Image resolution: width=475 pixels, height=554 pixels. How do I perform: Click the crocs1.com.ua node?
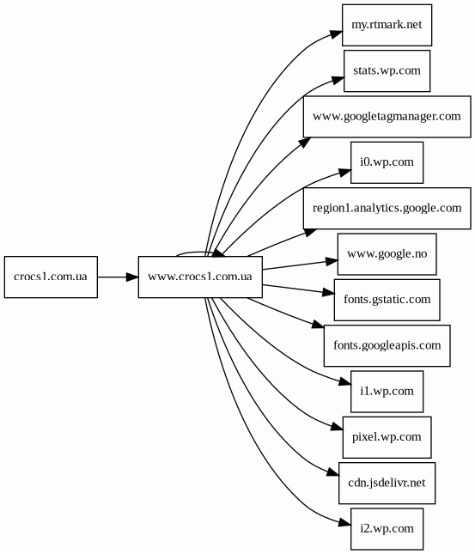click(x=51, y=277)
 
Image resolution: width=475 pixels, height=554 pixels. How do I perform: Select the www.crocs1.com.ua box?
click(x=200, y=277)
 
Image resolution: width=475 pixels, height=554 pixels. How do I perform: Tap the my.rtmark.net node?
click(x=387, y=25)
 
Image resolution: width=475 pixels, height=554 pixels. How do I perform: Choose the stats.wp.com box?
click(x=387, y=70)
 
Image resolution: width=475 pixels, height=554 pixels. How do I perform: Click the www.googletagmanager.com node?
click(x=387, y=117)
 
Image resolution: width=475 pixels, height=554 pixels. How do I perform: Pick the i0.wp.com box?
click(x=387, y=162)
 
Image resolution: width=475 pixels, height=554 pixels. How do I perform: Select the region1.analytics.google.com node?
click(x=387, y=208)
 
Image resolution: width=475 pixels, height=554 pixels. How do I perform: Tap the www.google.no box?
click(x=387, y=254)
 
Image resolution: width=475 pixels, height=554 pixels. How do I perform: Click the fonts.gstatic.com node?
click(x=387, y=300)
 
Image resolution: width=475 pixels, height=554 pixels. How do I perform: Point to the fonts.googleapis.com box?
click(x=387, y=345)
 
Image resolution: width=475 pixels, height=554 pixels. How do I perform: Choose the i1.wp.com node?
click(x=387, y=392)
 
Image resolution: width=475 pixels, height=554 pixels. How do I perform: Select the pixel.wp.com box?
click(x=387, y=437)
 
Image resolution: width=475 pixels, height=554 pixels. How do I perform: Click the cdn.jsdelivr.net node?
click(x=387, y=483)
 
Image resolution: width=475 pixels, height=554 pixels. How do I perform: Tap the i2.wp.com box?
click(x=387, y=529)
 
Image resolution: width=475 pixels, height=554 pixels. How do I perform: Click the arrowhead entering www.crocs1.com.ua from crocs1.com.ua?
click(x=132, y=277)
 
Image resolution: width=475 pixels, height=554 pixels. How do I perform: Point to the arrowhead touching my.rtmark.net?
click(x=337, y=33)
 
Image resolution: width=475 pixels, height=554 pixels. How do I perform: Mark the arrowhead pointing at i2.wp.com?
click(x=344, y=522)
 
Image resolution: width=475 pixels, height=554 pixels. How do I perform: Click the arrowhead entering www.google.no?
click(x=332, y=261)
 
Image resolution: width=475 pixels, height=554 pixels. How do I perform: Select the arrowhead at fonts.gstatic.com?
click(x=328, y=293)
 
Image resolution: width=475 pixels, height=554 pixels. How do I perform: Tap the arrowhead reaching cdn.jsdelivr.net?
click(x=333, y=472)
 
